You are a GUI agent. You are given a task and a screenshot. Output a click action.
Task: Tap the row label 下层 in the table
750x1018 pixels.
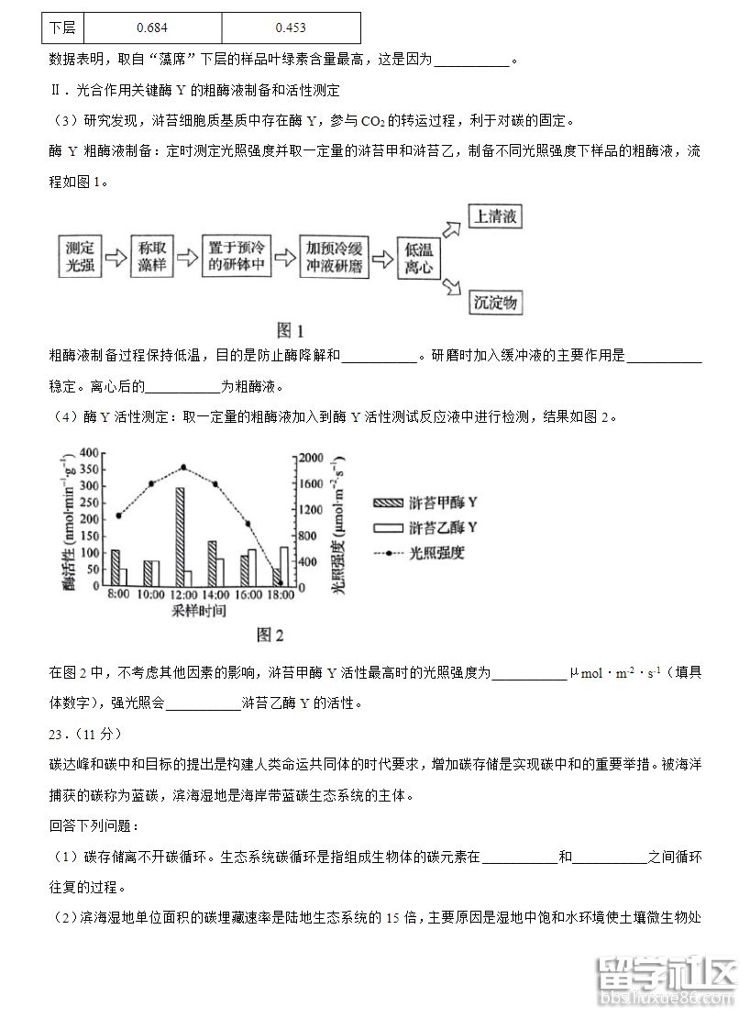[62, 28]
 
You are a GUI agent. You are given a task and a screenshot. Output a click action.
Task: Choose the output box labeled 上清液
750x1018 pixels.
[494, 217]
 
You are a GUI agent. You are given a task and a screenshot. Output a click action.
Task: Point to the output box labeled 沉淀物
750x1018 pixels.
[495, 303]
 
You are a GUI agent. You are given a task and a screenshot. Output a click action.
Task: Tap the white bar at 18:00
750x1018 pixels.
[284, 566]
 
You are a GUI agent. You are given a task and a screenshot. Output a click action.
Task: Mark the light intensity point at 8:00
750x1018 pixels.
[119, 515]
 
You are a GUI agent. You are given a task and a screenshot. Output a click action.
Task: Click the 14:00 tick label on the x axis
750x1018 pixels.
[216, 595]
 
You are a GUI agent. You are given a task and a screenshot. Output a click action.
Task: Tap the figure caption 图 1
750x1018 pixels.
[290, 331]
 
